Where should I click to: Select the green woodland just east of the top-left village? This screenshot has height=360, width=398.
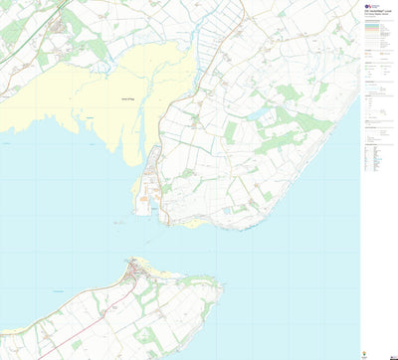pyautogui.click(x=95, y=45)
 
